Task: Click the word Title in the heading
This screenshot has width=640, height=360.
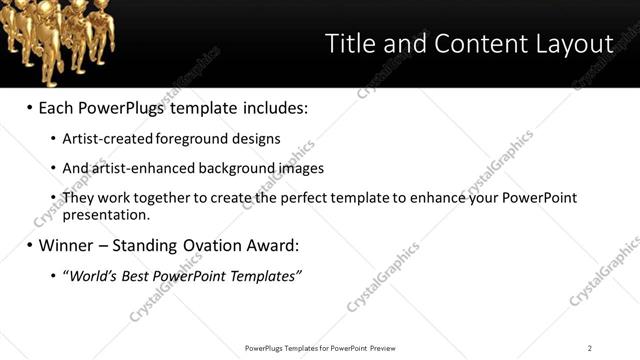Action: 351,44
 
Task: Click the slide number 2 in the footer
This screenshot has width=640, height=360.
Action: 590,348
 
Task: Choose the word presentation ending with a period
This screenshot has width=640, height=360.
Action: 106,214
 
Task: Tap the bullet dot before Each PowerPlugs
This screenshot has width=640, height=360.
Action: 29,106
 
